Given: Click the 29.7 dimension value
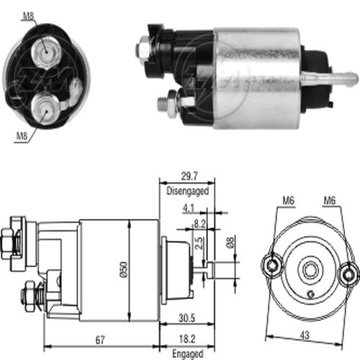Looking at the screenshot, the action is click(189, 176).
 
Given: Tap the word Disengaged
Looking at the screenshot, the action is click(188, 191).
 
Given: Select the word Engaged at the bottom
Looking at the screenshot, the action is click(188, 354).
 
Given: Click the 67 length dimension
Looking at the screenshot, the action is click(100, 340).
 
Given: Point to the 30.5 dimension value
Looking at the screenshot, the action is click(186, 318).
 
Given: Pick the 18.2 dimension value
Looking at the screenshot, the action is click(187, 339).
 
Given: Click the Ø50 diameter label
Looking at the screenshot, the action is click(124, 270).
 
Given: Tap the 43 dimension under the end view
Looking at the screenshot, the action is click(305, 335).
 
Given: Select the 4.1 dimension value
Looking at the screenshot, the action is click(188, 208).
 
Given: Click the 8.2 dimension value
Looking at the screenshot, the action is click(199, 224).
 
